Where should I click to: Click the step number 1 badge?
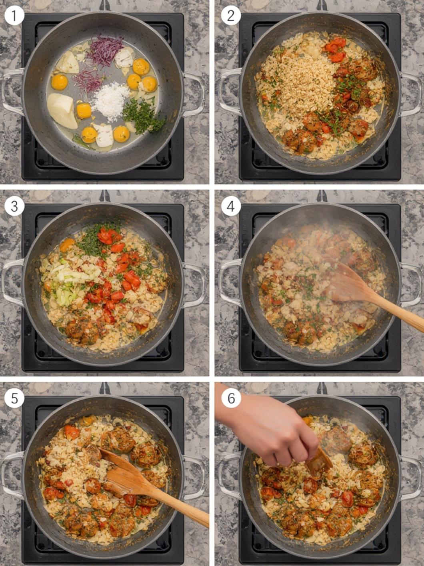(x=14, y=15)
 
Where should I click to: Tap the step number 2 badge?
(x=231, y=15)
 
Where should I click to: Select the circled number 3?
(x=14, y=207)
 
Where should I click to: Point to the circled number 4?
(x=231, y=207)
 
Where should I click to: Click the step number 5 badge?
(x=14, y=398)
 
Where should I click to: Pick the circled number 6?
(x=231, y=398)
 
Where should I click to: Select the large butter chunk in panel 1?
(x=62, y=111)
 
